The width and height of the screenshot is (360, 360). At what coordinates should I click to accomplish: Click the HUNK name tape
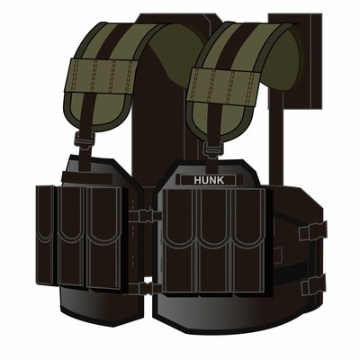click(208, 180)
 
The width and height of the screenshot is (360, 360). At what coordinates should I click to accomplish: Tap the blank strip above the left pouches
click(87, 177)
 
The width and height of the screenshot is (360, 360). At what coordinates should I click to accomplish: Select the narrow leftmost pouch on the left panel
click(45, 235)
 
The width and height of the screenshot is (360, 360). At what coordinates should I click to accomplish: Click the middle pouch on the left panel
click(71, 236)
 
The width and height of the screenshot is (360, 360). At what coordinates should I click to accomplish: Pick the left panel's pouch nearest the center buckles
click(104, 238)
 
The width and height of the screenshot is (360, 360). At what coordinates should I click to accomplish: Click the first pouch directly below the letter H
click(180, 240)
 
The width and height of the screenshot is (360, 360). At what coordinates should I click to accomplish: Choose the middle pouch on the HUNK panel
click(214, 240)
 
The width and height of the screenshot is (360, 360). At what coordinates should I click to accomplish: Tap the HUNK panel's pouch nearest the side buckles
click(248, 240)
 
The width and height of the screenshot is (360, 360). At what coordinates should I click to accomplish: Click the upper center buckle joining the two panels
click(145, 215)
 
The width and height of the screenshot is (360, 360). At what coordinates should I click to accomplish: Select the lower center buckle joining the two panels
click(145, 288)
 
